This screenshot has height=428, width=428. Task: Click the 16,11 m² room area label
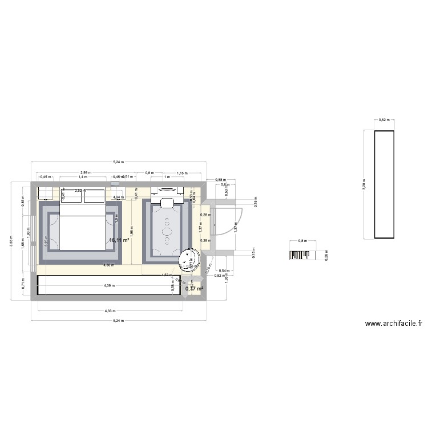coord(119,241)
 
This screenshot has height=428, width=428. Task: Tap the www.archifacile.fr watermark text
coord(394,324)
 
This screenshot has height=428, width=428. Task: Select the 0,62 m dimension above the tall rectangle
coord(383,120)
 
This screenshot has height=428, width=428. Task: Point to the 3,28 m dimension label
coord(365,184)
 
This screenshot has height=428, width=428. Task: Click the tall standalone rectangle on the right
coord(383,184)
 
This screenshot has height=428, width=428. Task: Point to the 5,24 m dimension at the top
coord(117,164)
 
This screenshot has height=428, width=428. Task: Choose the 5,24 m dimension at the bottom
coord(117,320)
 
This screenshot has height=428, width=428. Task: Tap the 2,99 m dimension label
coord(85,172)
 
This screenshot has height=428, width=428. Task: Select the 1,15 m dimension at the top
coord(182,172)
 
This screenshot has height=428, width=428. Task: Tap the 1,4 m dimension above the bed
coord(83,177)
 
